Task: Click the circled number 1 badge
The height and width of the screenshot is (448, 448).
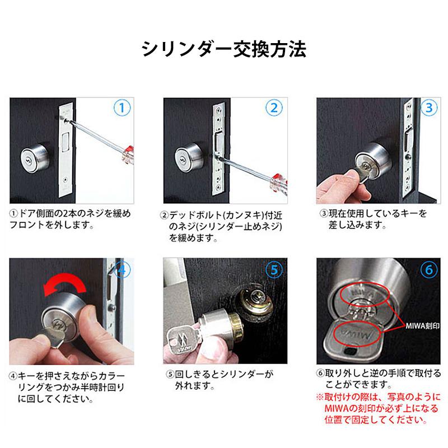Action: (123, 108)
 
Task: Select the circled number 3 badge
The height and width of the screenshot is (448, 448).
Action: (428, 108)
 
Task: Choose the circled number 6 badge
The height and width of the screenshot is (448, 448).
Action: (428, 269)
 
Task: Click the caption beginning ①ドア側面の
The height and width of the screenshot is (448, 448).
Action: (70, 219)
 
